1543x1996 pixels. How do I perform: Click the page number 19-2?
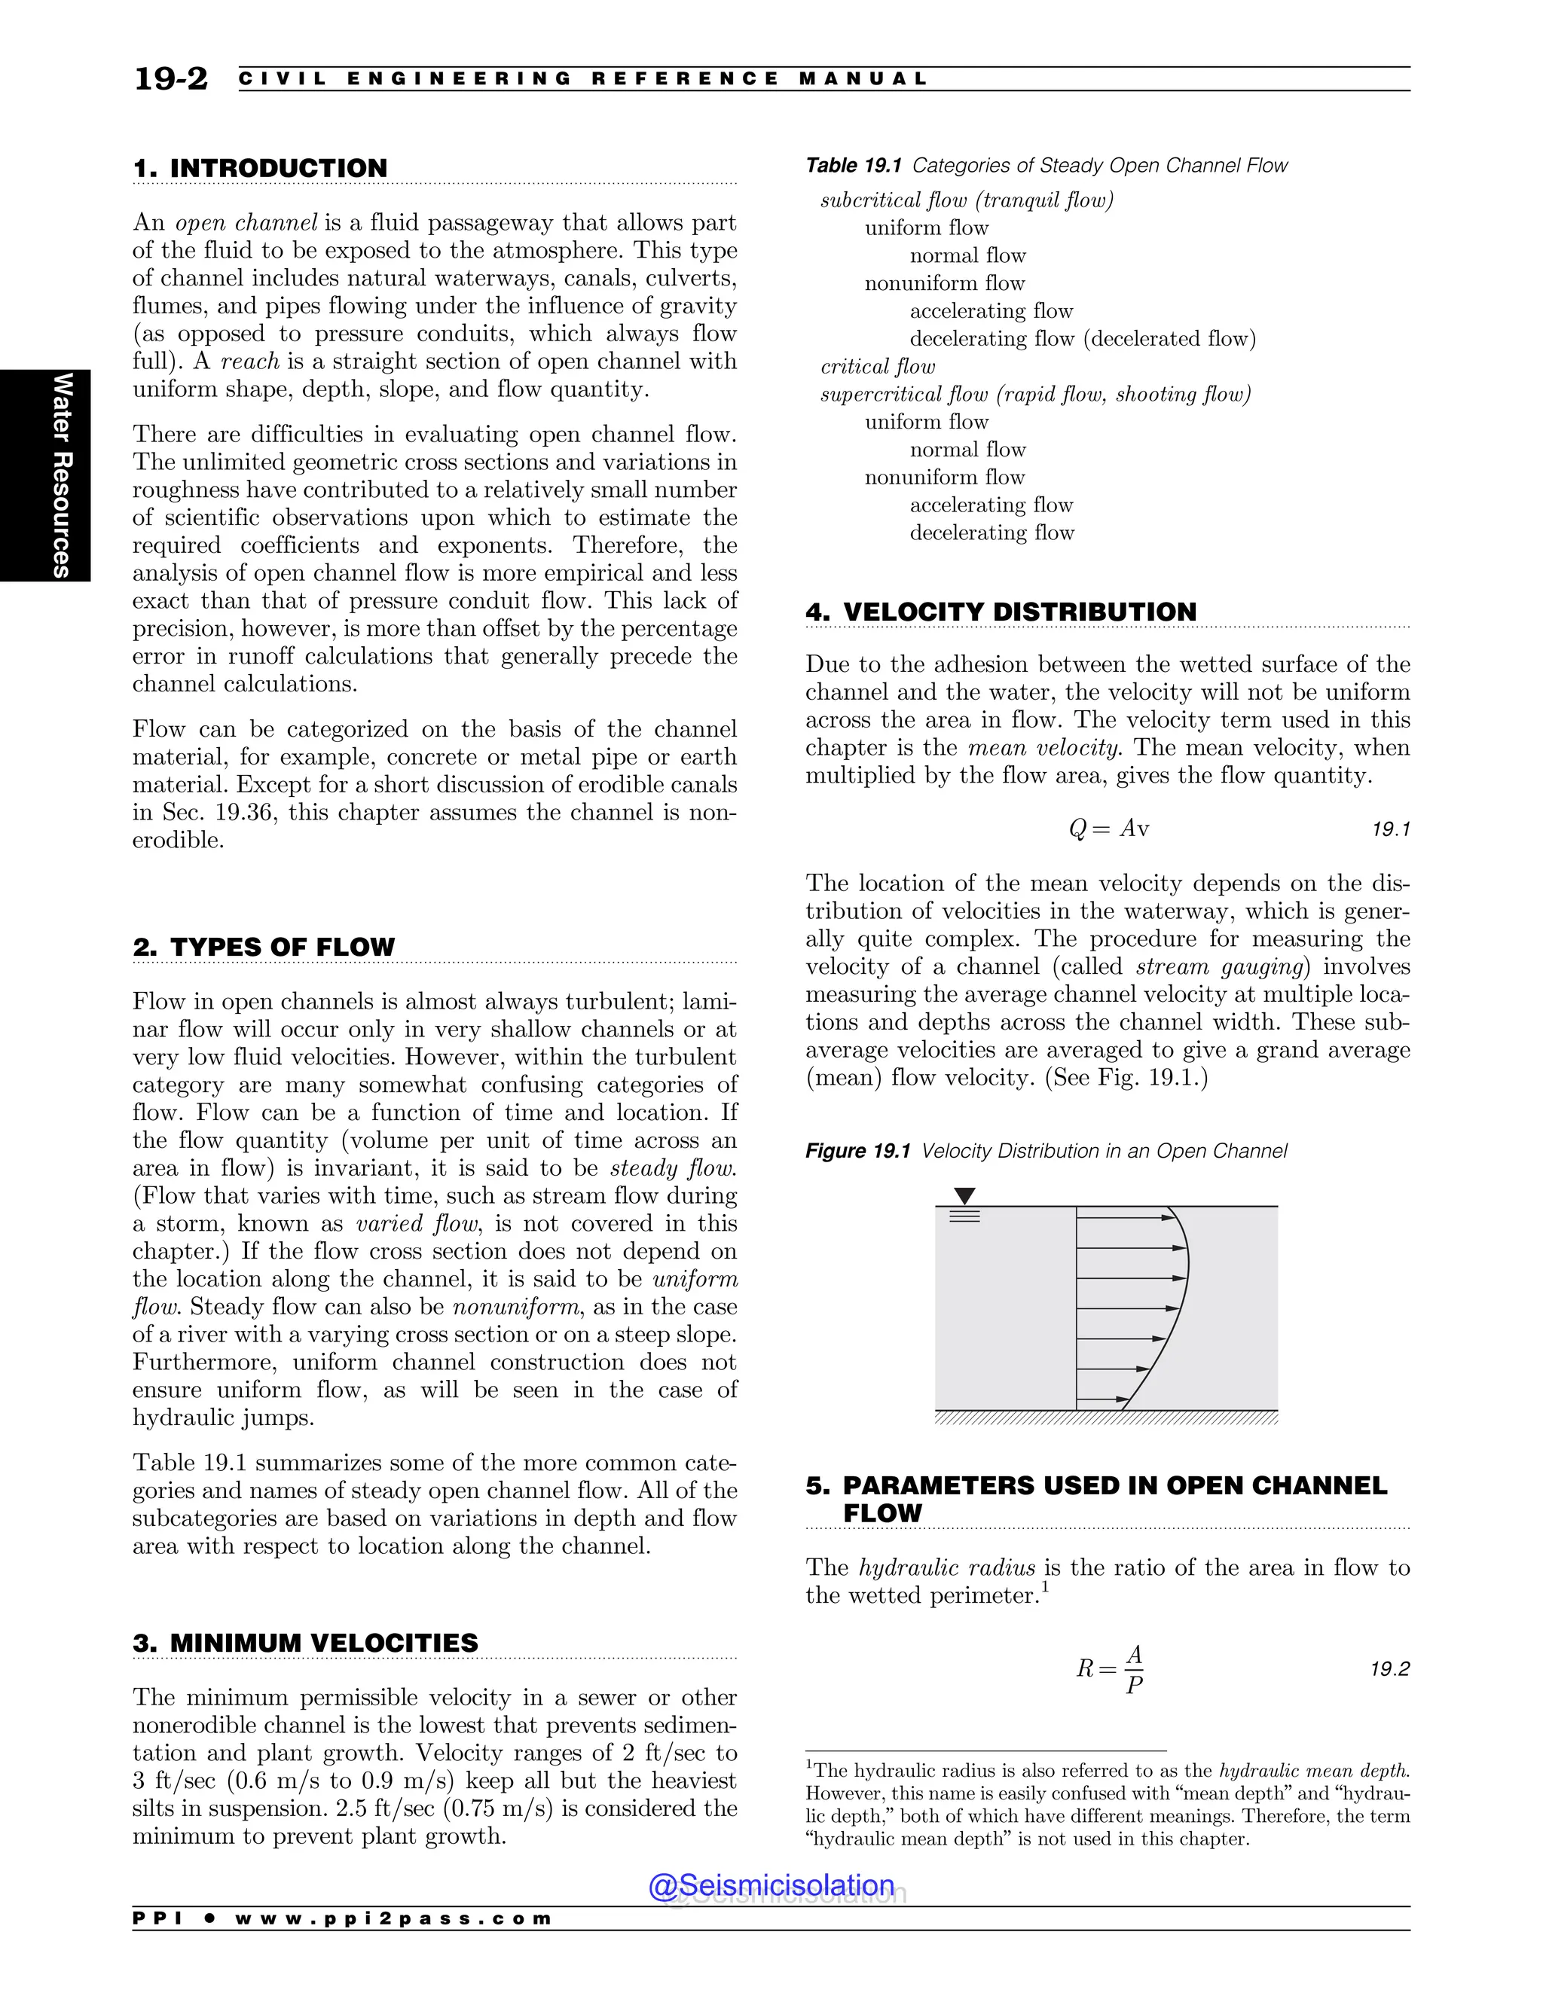tap(171, 80)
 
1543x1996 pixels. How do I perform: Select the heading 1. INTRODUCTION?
tap(261, 168)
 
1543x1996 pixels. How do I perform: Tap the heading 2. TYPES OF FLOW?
tap(264, 947)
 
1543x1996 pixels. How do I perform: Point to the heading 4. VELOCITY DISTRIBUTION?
tap(1001, 612)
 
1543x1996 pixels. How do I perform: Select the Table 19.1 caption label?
tap(853, 166)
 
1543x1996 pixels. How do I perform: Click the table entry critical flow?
tap(878, 367)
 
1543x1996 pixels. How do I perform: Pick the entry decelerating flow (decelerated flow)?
tap(1083, 339)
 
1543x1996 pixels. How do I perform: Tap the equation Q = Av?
tap(1108, 829)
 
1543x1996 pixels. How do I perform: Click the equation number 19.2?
tap(1389, 1669)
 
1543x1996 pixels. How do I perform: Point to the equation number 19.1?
tap(1392, 829)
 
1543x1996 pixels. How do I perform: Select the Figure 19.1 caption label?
tap(857, 1151)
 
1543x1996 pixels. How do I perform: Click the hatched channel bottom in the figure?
tap(1106, 1418)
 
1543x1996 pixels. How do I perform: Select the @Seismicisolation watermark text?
tap(771, 1885)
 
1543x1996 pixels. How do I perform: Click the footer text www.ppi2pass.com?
tap(393, 1918)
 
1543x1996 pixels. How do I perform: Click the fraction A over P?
tap(1133, 1669)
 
